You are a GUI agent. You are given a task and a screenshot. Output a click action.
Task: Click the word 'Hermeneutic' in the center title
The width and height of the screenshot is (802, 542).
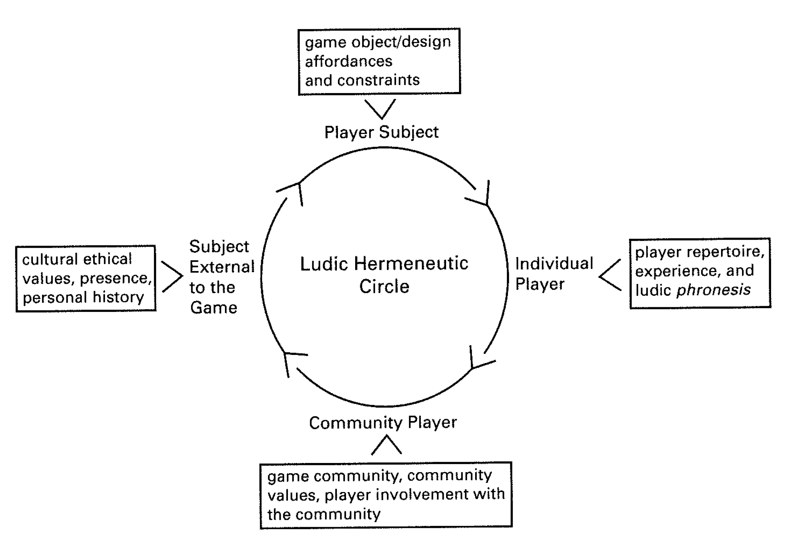click(x=411, y=263)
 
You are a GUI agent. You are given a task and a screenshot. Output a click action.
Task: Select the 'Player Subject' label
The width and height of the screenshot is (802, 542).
click(x=381, y=132)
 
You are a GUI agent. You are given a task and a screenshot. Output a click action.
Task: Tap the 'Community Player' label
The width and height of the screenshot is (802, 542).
click(x=383, y=423)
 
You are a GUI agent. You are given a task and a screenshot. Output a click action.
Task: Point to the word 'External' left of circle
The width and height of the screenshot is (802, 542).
click(x=222, y=267)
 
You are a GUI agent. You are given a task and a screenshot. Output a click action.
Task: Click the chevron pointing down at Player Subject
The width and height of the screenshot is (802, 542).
click(x=380, y=109)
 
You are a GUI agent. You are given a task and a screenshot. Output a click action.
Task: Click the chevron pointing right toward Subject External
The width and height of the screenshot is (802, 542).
click(x=173, y=277)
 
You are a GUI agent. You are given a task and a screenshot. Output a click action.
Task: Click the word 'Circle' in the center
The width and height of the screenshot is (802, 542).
click(x=384, y=286)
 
